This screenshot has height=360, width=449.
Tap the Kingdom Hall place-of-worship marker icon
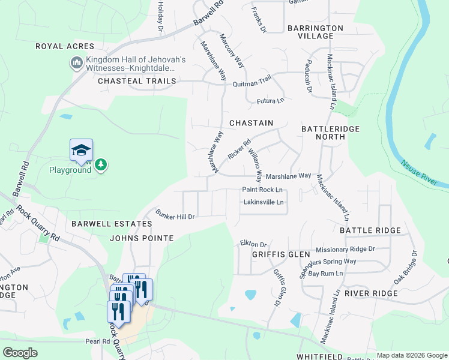pyautogui.click(x=76, y=63)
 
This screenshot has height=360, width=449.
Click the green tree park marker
pyautogui.click(x=101, y=165)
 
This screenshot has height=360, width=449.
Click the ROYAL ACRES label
pyautogui.click(x=65, y=46)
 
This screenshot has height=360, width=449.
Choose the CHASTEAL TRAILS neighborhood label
pyautogui.click(x=137, y=80)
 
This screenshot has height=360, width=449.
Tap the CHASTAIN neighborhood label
pyautogui.click(x=250, y=123)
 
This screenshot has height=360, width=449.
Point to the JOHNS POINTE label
pyautogui.click(x=142, y=238)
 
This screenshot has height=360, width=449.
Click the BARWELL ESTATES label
pyautogui.click(x=112, y=224)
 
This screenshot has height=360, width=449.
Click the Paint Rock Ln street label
pyautogui.click(x=262, y=190)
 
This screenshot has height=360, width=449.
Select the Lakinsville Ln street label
pyautogui.click(x=264, y=202)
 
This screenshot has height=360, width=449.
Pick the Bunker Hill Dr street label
pyautogui.click(x=175, y=214)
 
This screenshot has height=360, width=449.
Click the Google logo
pyautogui.click(x=20, y=352)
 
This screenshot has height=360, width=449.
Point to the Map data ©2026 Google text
pyautogui.click(x=412, y=355)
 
